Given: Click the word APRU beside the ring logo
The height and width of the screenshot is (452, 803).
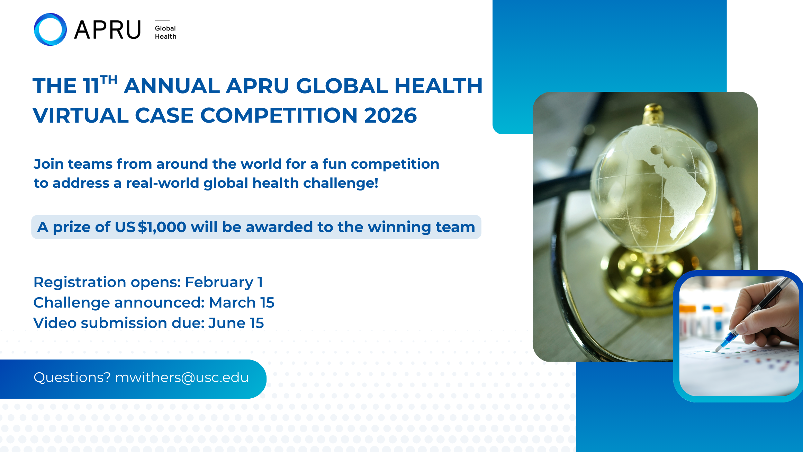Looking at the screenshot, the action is pyautogui.click(x=108, y=30).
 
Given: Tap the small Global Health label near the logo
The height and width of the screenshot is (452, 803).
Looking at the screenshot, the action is pyautogui.click(x=165, y=32).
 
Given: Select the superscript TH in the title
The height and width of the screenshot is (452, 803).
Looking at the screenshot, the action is pyautogui.click(x=109, y=80).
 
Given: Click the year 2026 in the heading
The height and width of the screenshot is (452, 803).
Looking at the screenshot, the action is pyautogui.click(x=390, y=115).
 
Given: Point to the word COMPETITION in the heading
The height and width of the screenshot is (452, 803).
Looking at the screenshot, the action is pyautogui.click(x=279, y=115).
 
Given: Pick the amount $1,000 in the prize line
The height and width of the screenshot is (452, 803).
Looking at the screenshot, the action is pyautogui.click(x=162, y=227).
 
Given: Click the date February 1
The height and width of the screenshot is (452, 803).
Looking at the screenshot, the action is pyautogui.click(x=224, y=282).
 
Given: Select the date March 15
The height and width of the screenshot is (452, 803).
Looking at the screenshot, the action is pyautogui.click(x=242, y=302).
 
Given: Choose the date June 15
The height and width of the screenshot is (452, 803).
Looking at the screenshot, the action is pyautogui.click(x=236, y=323).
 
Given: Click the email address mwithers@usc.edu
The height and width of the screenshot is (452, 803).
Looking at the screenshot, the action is pyautogui.click(x=182, y=378).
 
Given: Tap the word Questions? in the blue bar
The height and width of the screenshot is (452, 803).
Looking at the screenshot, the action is pyautogui.click(x=72, y=378).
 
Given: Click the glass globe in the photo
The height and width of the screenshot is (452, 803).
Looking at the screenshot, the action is pyautogui.click(x=653, y=187).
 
